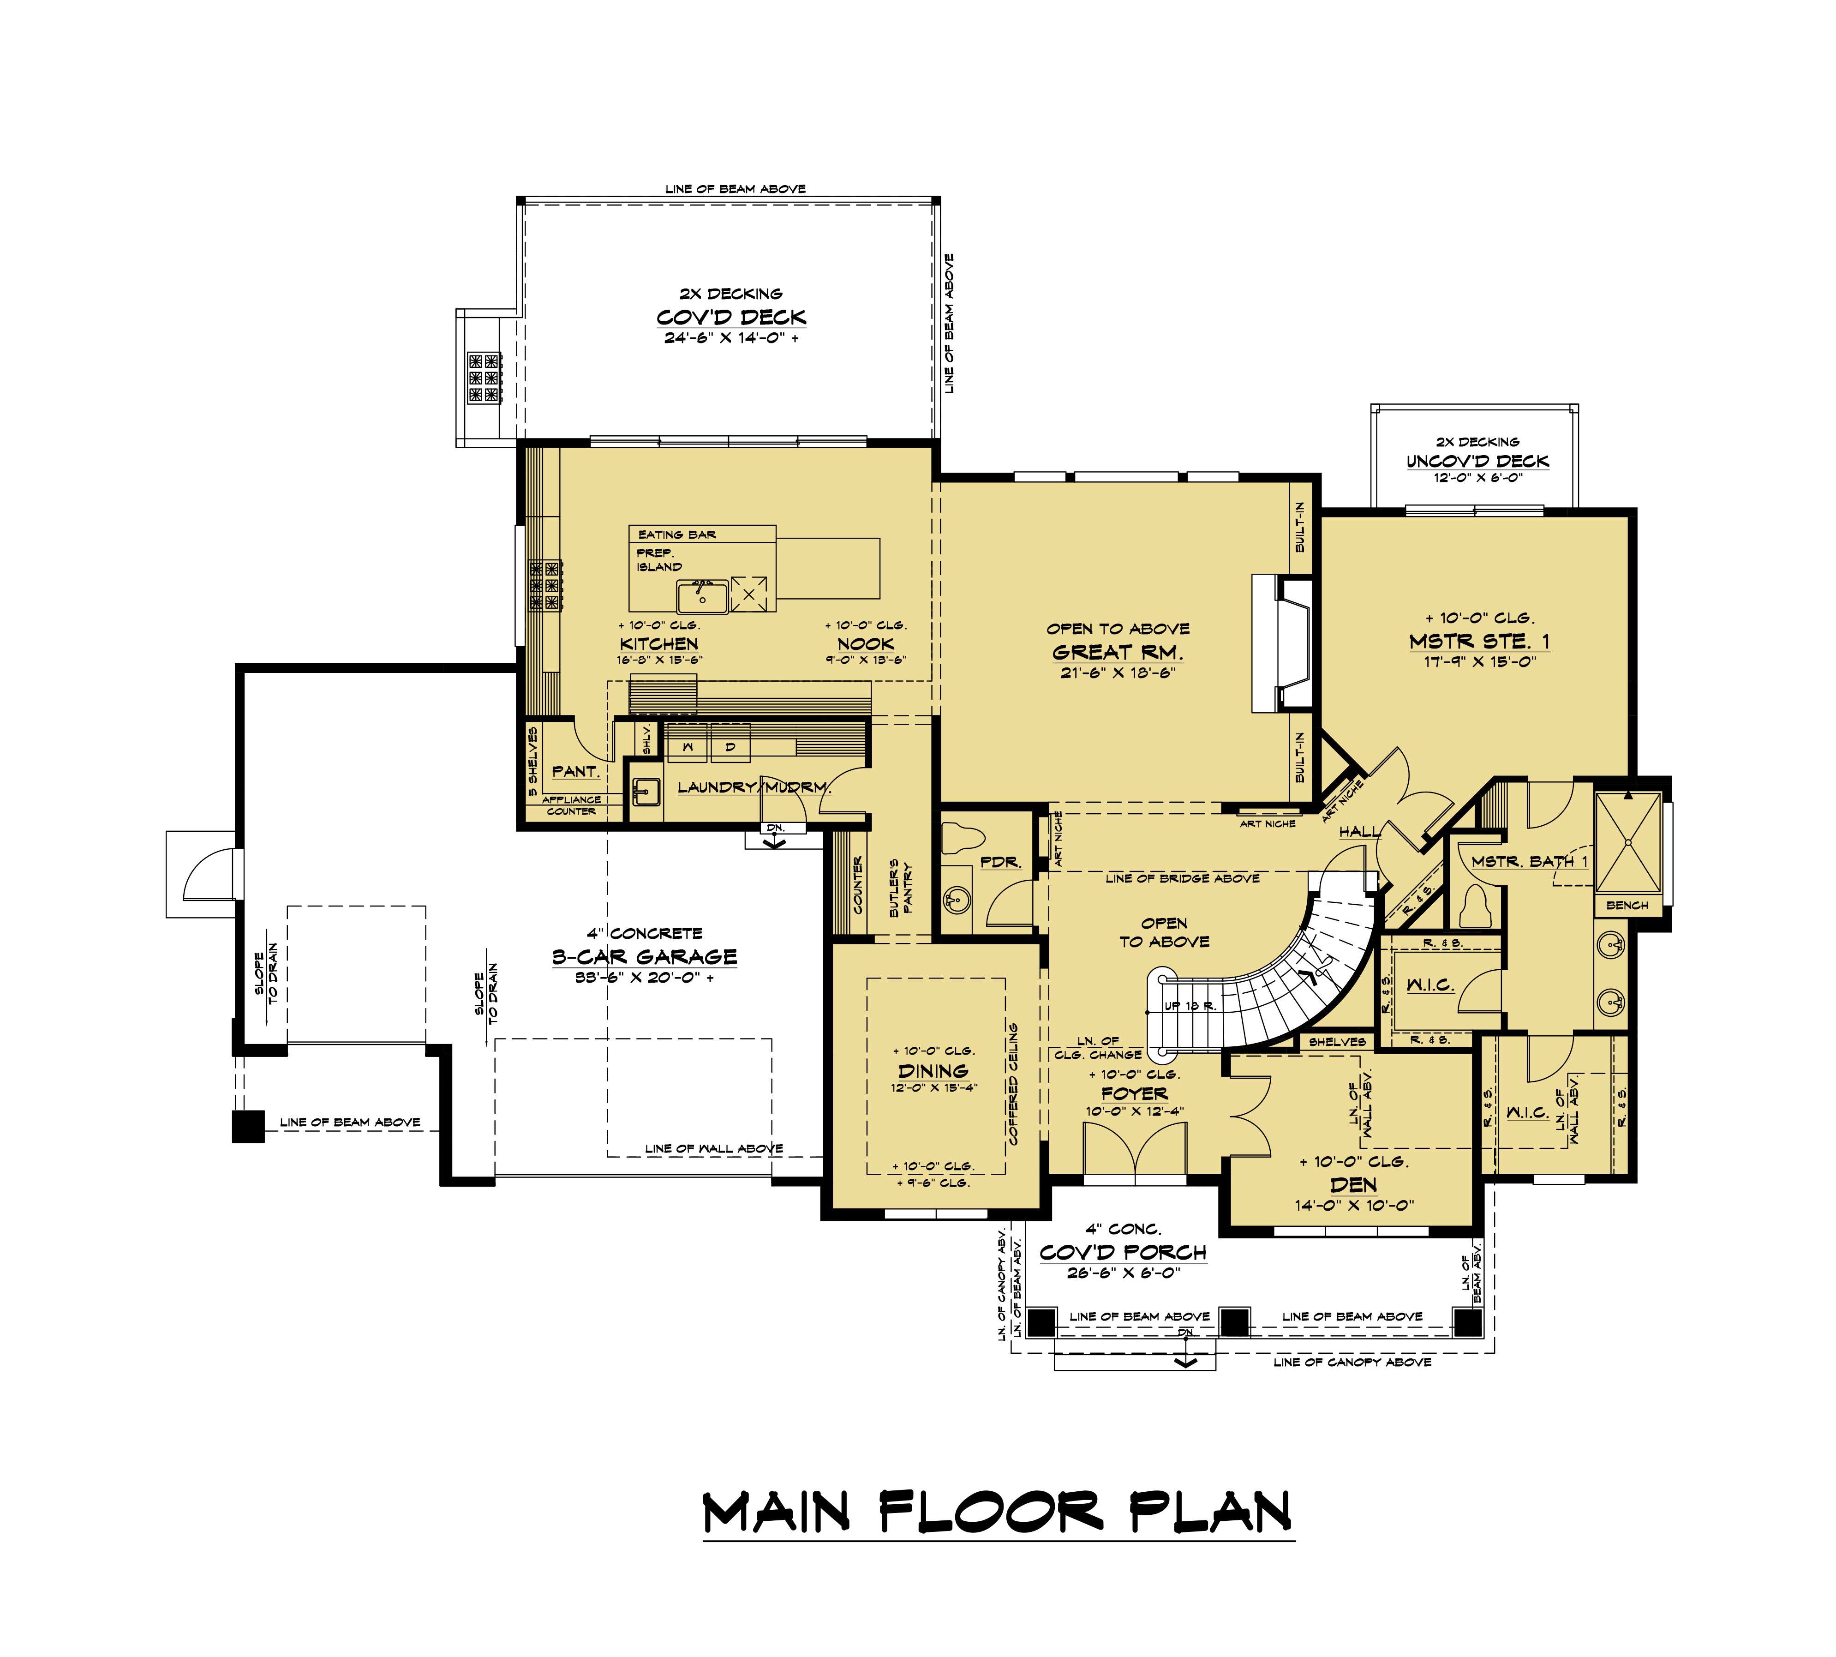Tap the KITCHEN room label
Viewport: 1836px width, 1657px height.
point(659,644)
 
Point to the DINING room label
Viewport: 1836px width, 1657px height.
point(933,1071)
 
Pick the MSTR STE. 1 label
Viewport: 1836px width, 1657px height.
point(1479,641)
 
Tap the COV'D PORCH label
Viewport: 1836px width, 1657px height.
point(1123,1252)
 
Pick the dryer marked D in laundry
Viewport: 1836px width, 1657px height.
point(730,746)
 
